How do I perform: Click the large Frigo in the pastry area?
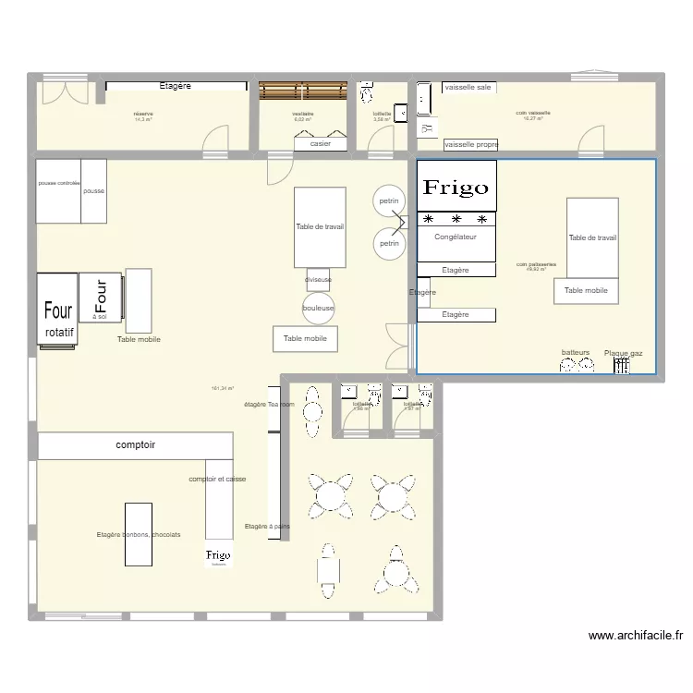(456, 187)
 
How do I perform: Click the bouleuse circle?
(318, 309)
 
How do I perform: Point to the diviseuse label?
(318, 279)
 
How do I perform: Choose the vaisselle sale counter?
(468, 87)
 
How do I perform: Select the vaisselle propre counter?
(470, 145)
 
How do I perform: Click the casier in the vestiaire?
(321, 143)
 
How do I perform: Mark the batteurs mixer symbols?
(576, 365)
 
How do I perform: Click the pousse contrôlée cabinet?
(58, 191)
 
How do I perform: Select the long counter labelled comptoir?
(135, 446)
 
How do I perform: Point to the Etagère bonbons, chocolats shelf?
(139, 534)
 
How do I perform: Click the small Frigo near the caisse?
(218, 555)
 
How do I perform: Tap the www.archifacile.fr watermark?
(636, 636)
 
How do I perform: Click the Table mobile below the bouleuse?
(305, 339)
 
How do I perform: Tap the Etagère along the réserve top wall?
(176, 86)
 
